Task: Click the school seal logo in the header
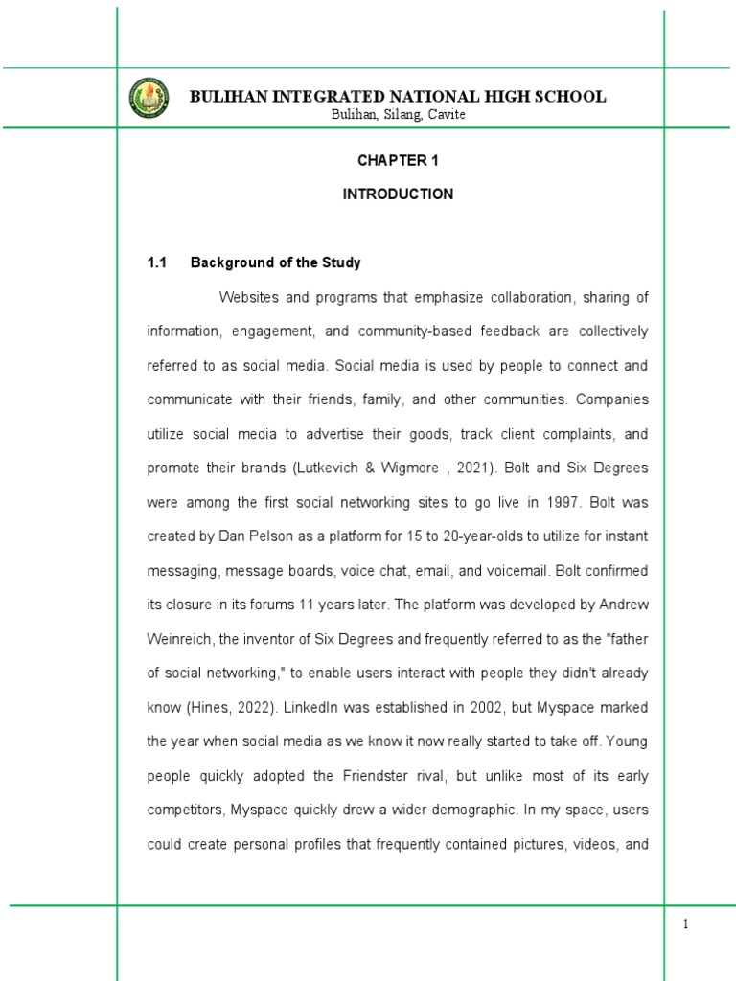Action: pos(149,97)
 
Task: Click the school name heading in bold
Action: pos(398,96)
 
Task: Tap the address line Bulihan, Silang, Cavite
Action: pos(398,115)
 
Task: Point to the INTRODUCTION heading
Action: pos(398,194)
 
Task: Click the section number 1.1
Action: pos(157,262)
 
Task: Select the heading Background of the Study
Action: pos(275,262)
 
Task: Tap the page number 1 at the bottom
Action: pos(686,924)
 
